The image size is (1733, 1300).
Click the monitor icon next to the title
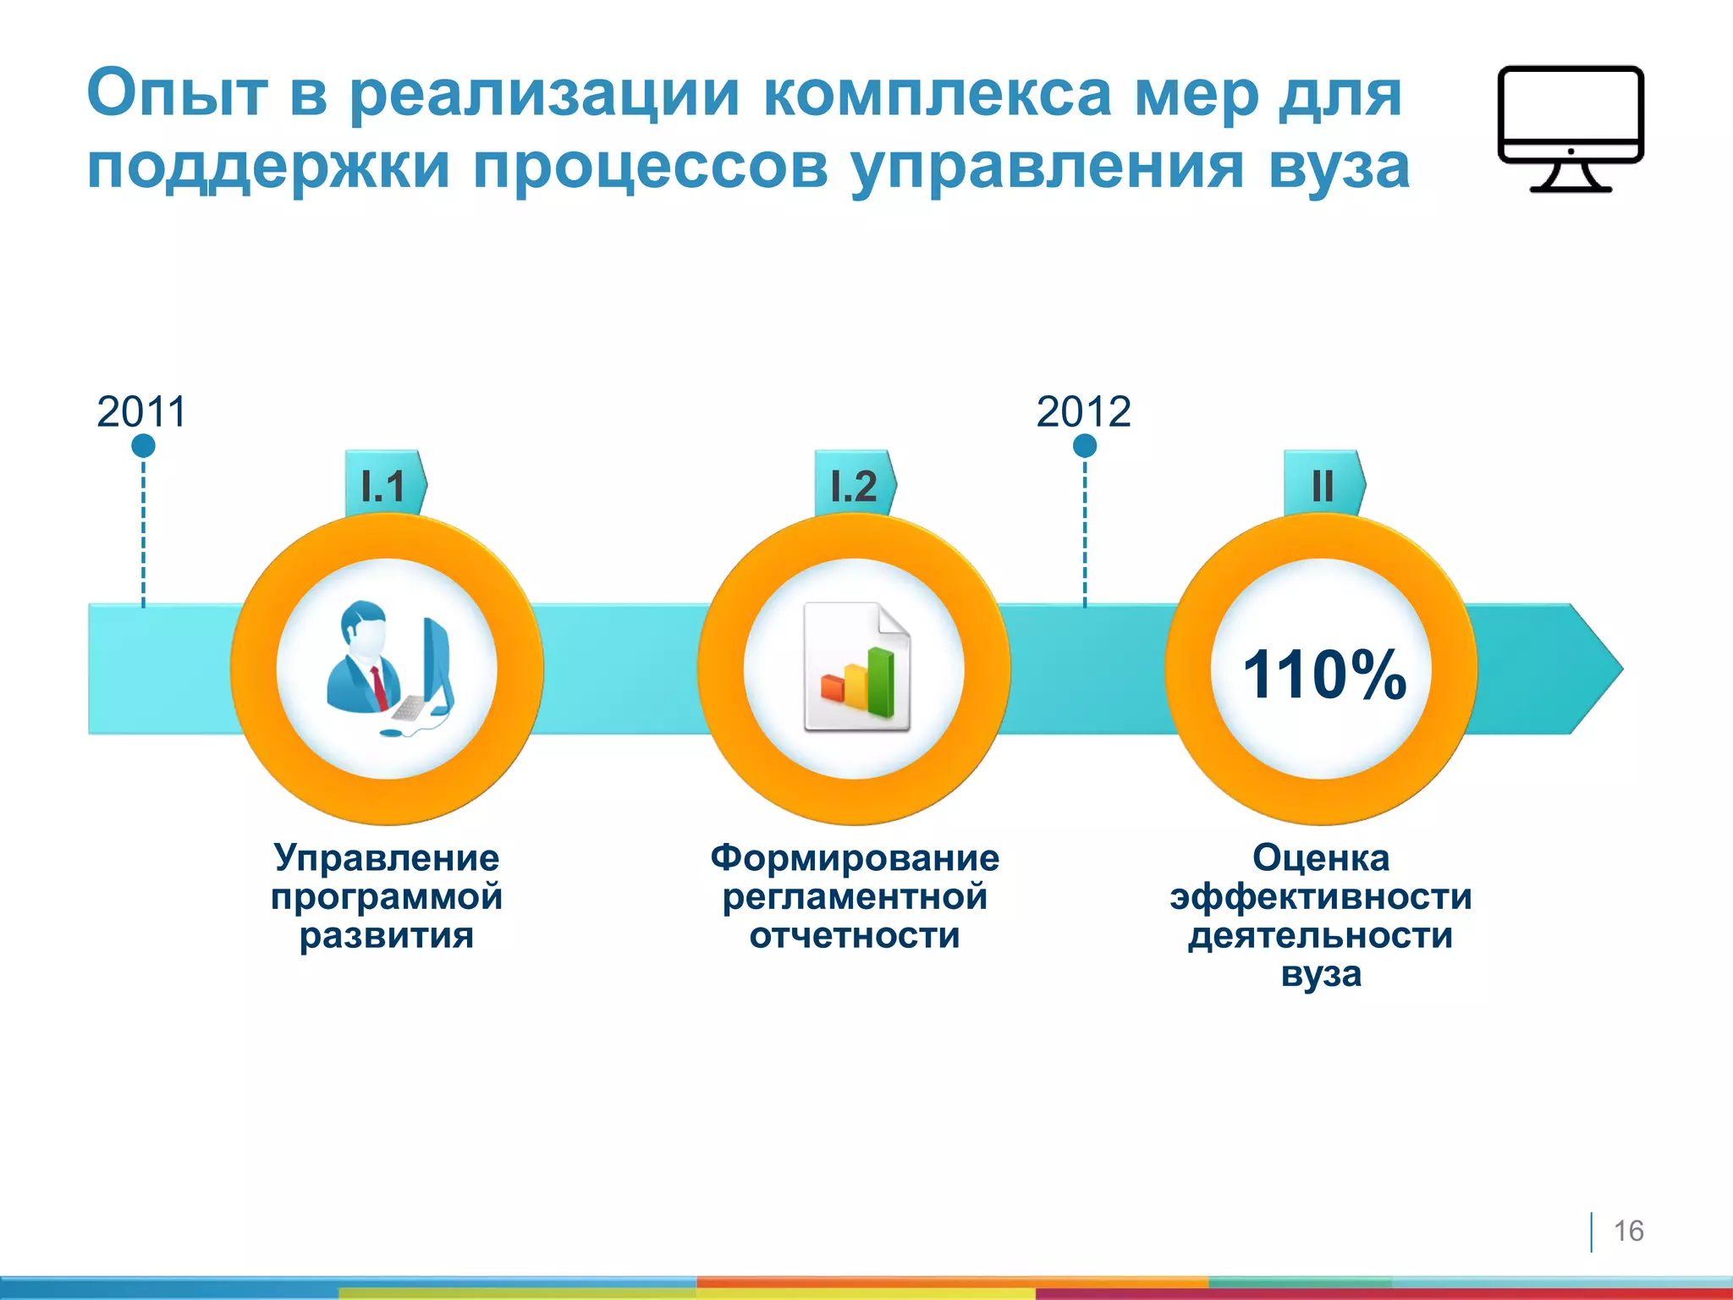tap(1571, 127)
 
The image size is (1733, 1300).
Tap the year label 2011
tap(141, 412)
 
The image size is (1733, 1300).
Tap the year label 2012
tap(1083, 412)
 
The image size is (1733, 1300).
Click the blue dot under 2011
tap(143, 445)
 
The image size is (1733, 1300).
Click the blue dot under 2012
tap(1085, 445)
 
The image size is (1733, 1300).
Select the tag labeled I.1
tap(384, 485)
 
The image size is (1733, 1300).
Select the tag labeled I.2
tap(854, 485)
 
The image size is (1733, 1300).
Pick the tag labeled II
tap(1323, 485)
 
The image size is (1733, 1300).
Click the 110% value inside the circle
tap(1323, 675)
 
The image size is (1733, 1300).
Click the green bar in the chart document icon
tap(881, 682)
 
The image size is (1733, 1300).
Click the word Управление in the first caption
tap(387, 857)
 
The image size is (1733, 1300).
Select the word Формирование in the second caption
tap(855, 857)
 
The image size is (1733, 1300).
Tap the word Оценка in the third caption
tap(1321, 857)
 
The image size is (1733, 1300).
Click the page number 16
tap(1628, 1231)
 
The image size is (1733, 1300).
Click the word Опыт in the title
tap(178, 93)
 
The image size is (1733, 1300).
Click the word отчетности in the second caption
tap(855, 935)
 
